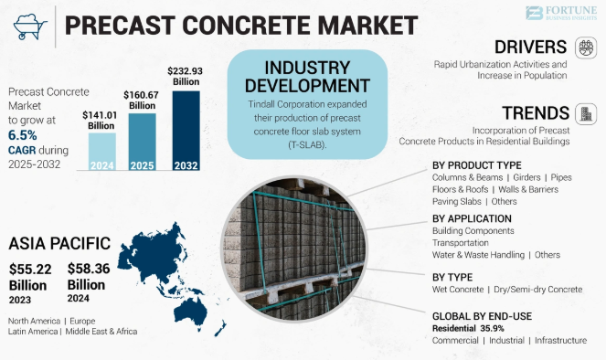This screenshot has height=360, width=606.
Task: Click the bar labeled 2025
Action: coord(142,143)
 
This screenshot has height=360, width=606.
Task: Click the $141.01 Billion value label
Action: coord(101,119)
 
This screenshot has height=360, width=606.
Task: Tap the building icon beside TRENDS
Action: coord(584,113)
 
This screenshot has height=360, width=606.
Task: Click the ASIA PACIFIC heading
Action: coord(59,244)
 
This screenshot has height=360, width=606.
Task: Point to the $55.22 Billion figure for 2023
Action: coord(31,277)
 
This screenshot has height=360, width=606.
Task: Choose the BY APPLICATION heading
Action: coord(471,218)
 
